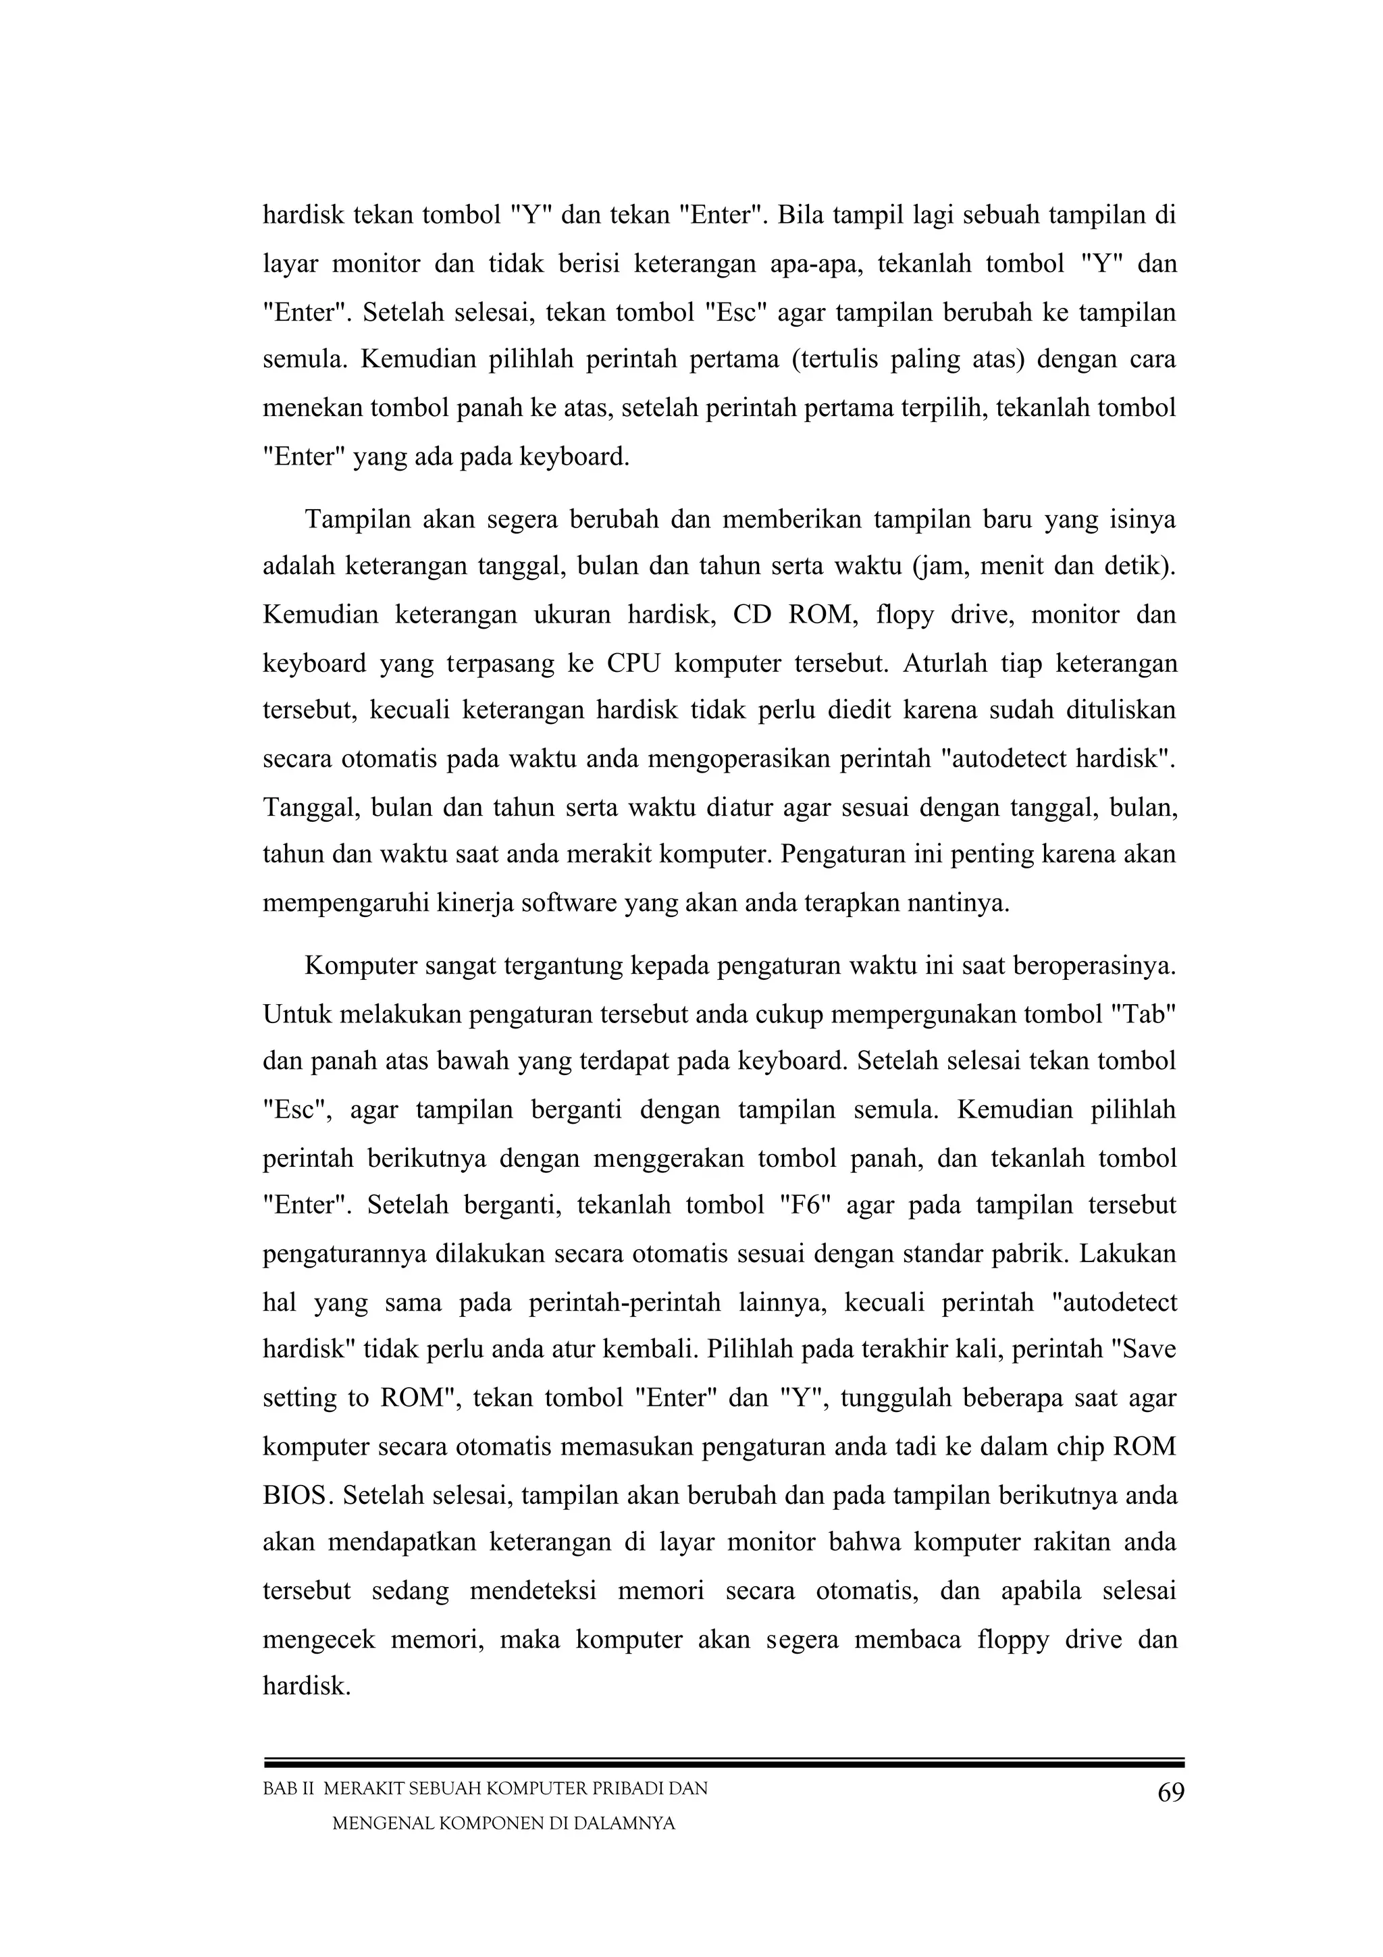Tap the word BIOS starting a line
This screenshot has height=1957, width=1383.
click(x=294, y=1495)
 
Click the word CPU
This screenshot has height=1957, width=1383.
click(x=633, y=662)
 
